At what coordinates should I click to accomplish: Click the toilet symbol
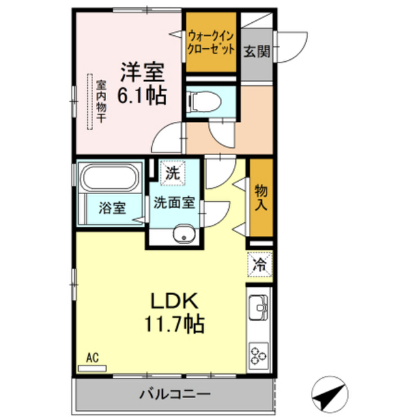pyautogui.click(x=204, y=101)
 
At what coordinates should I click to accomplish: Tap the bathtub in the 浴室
pyautogui.click(x=109, y=177)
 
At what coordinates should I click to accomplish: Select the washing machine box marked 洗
pyautogui.click(x=173, y=173)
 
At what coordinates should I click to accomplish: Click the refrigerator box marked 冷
pyautogui.click(x=259, y=264)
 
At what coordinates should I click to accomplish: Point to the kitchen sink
pyautogui.click(x=259, y=307)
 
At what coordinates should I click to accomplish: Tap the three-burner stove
pyautogui.click(x=259, y=355)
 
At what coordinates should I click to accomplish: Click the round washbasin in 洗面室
pyautogui.click(x=184, y=233)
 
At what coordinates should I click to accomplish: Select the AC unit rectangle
pyautogui.click(x=93, y=368)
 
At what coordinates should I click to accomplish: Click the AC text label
pyautogui.click(x=93, y=358)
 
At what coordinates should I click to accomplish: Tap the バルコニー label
pyautogui.click(x=175, y=394)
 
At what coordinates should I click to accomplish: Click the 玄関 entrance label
pyautogui.click(x=257, y=51)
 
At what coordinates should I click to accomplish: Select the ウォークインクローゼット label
pyautogui.click(x=211, y=42)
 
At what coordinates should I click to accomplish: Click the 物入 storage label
pyautogui.click(x=261, y=197)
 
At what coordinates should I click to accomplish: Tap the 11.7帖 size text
pyautogui.click(x=174, y=324)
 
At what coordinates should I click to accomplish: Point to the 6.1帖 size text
pyautogui.click(x=142, y=95)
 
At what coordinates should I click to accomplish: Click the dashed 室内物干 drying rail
pyautogui.click(x=91, y=102)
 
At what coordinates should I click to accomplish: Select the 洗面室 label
pyautogui.click(x=175, y=203)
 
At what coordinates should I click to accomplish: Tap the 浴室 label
pyautogui.click(x=112, y=208)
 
